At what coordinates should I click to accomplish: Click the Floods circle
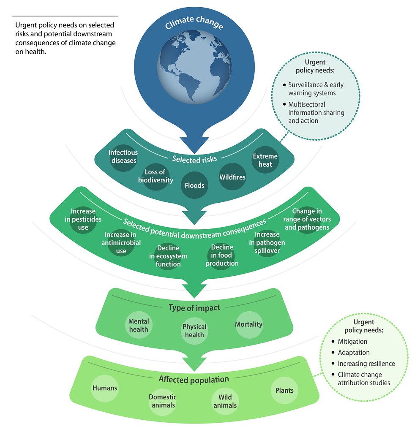tap(194, 185)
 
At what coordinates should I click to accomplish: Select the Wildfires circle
tap(232, 177)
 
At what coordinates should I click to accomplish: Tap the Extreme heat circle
tap(265, 160)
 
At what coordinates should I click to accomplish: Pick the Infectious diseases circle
tap(123, 158)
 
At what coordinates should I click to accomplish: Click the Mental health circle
tap(139, 325)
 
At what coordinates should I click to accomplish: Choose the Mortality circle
tap(249, 325)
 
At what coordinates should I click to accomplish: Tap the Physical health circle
tap(194, 331)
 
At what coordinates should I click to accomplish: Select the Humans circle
tap(105, 388)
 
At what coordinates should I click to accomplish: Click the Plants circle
tap(284, 390)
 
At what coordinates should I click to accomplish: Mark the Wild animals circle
tap(225, 401)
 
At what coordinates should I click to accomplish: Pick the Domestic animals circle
tap(163, 401)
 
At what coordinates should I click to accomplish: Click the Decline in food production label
tap(222, 255)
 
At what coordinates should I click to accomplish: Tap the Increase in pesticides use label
tap(83, 219)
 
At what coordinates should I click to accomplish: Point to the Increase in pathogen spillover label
tap(267, 242)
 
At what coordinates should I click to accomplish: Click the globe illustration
tap(194, 67)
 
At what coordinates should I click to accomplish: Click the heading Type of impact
tap(194, 307)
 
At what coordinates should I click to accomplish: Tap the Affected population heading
tap(194, 379)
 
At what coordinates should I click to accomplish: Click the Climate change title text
tap(194, 22)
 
